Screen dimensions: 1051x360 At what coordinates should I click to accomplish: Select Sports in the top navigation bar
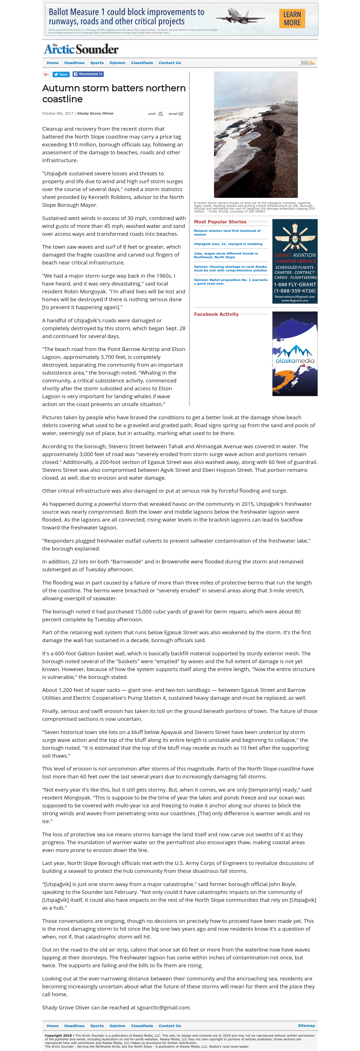click(97, 63)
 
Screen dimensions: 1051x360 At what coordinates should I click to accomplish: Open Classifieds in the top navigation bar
click(142, 63)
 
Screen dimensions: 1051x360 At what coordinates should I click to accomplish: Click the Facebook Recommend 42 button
click(88, 74)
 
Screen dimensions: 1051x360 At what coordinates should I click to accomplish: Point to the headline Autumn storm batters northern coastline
click(113, 93)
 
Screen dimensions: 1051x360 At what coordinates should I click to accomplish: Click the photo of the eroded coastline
click(255, 135)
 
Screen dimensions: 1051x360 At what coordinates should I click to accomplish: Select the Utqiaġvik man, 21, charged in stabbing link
click(228, 244)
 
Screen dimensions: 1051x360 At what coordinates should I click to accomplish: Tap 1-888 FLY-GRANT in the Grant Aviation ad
click(295, 284)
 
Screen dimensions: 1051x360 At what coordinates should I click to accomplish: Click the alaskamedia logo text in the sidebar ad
click(295, 361)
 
